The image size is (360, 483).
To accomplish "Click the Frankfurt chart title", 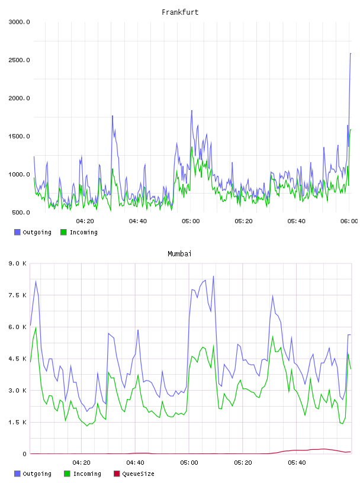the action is [x=180, y=12].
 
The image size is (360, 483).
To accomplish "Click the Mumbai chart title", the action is [x=179, y=254].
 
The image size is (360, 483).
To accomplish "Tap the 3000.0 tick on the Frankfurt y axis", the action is [x=19, y=22].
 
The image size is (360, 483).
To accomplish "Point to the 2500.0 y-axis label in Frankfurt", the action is [x=19, y=60].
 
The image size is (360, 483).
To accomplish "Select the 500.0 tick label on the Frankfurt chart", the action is [x=21, y=212].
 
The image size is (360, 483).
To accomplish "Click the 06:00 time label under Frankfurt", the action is [x=349, y=221].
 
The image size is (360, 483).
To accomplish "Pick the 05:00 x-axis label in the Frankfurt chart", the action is [x=191, y=221].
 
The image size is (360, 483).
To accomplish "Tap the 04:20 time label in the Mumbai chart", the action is [x=81, y=463].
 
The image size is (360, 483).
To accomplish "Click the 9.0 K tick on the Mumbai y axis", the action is [x=18, y=263].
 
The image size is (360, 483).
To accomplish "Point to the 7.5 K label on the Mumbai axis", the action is [x=18, y=295].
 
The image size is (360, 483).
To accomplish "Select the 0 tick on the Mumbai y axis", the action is [x=24, y=454].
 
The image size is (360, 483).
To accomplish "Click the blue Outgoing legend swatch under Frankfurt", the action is [x=17, y=232].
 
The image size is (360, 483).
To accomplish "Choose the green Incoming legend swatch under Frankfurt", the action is [x=63, y=232].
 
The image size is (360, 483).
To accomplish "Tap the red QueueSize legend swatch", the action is [x=117, y=474].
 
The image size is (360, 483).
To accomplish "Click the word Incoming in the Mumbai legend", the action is [x=87, y=474].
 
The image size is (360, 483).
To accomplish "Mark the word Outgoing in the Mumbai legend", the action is [x=37, y=474].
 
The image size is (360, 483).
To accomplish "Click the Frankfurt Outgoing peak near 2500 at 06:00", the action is [x=351, y=54].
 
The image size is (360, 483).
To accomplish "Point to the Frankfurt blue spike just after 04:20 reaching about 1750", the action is [x=112, y=116].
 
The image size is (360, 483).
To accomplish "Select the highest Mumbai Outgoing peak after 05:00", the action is [x=213, y=276].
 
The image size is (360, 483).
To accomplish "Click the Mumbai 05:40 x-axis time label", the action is [x=297, y=463].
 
